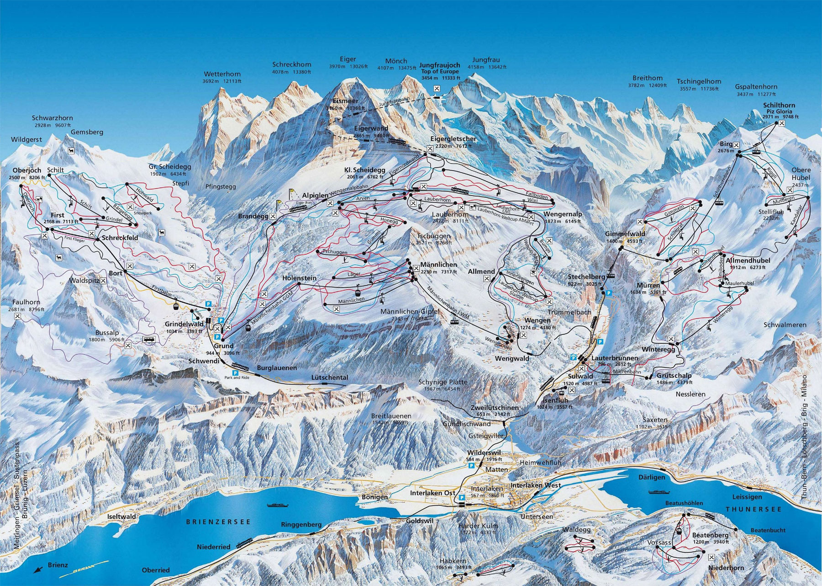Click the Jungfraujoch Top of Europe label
[x=440, y=69]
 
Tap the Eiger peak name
[x=348, y=59]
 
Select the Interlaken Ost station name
[x=432, y=493]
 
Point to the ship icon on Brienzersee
[x=278, y=505]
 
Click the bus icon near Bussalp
[x=148, y=339]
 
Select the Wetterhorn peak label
[x=222, y=74]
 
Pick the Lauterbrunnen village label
[x=614, y=358]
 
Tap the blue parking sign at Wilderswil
[x=471, y=465]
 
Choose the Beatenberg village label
[x=710, y=535]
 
